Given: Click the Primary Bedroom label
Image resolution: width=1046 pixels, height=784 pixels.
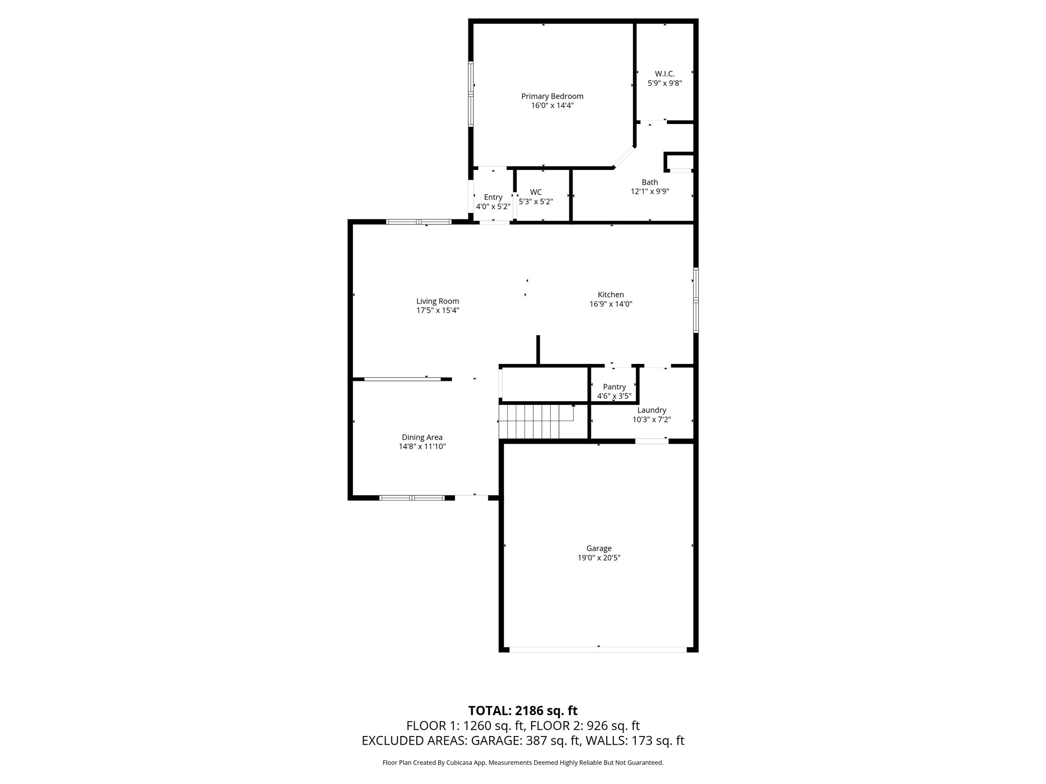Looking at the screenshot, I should tap(552, 96).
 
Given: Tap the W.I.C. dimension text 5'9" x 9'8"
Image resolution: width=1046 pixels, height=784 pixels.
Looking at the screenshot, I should tap(664, 83).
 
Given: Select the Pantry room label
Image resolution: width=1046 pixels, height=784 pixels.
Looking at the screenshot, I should tap(614, 387).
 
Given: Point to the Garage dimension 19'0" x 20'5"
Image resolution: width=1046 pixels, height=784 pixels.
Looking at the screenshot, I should tap(599, 558).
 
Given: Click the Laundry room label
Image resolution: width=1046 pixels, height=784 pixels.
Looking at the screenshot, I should tap(652, 410).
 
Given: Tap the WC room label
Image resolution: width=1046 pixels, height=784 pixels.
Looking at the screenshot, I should tap(536, 192).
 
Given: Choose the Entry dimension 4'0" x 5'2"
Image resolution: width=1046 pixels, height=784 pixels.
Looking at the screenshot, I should tap(493, 207).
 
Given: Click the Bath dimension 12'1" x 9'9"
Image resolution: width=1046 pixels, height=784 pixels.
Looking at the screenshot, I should tap(650, 191).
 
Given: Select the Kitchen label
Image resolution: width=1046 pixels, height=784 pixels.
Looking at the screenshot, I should tap(611, 295).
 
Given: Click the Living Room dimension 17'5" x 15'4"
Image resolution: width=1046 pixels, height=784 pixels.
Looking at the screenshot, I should tap(438, 310).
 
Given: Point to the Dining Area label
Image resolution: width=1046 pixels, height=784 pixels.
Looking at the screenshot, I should tap(422, 437).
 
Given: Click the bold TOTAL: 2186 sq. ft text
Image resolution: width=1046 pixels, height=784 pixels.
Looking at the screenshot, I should tap(522, 710).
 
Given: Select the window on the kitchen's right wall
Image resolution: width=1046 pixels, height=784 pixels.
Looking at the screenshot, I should tap(696, 300).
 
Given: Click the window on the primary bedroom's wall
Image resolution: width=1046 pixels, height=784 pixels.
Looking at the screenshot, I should tap(471, 94).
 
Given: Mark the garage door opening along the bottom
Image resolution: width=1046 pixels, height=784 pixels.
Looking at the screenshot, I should tap(598, 650).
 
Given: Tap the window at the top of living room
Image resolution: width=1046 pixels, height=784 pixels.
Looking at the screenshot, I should tap(419, 222).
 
